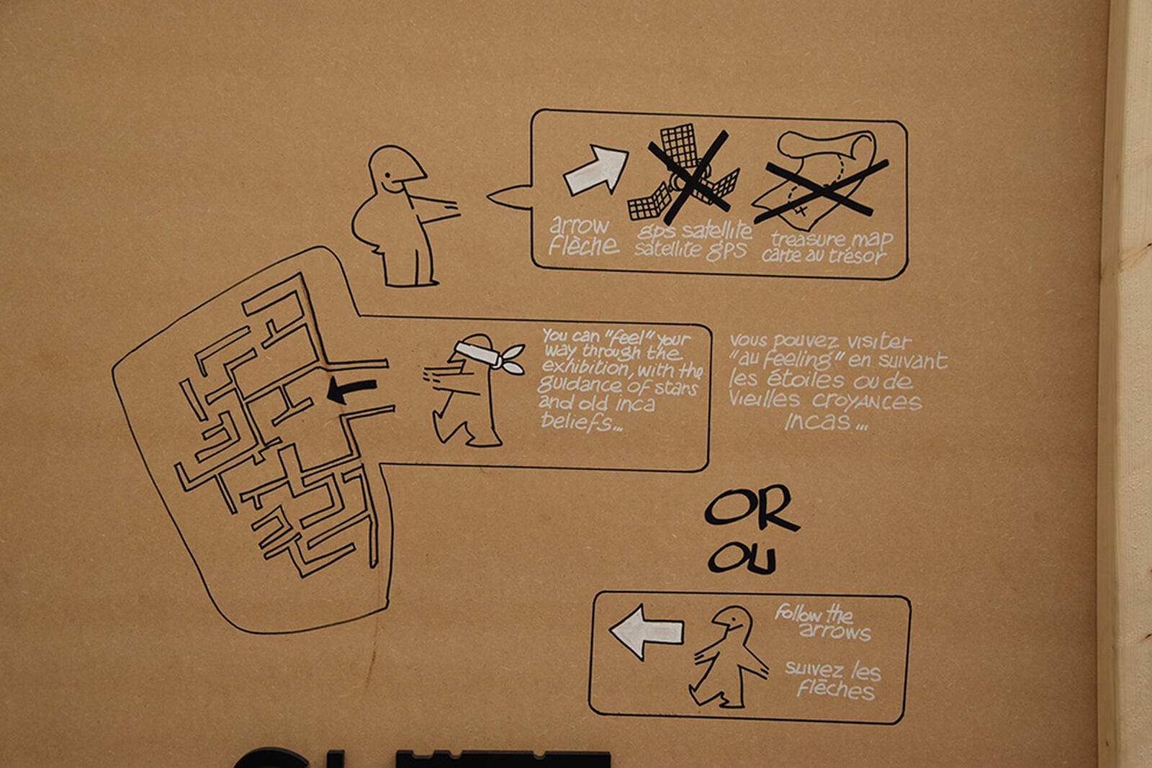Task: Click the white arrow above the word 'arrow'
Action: point(597,170)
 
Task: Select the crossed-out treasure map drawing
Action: point(819,180)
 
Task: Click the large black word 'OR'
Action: point(752,508)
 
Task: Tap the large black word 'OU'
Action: point(742,558)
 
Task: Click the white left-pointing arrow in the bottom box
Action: point(647,632)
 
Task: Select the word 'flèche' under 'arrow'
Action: point(584,245)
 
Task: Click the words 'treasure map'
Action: point(832,240)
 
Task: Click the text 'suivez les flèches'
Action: point(834,679)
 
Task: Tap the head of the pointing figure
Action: point(395,168)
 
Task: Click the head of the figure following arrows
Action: point(734,623)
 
